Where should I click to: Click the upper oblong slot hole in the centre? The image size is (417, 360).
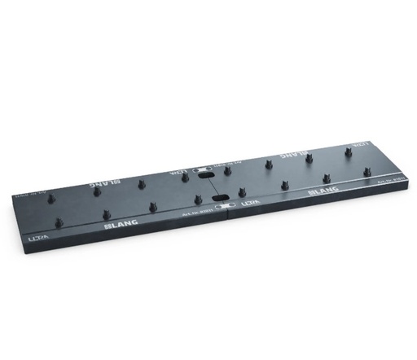click(208, 173)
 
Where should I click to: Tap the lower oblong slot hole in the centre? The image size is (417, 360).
click(217, 197)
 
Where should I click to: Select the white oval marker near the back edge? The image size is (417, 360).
click(198, 169)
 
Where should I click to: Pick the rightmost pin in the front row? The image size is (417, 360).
click(368, 171)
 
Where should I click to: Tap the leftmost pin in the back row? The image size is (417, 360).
click(96, 192)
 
